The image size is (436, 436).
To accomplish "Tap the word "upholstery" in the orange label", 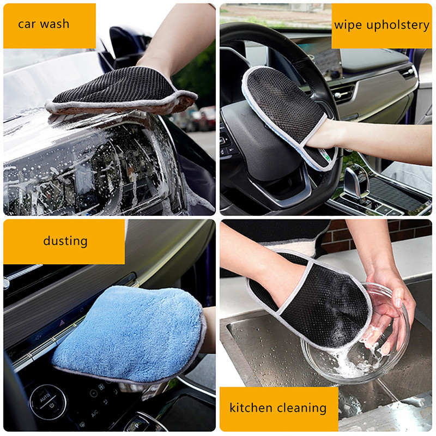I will coord(397,25).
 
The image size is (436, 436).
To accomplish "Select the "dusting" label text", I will coord(65,240).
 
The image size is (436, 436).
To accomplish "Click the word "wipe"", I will coord(347,25).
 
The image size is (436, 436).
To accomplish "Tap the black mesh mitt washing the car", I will coord(120,90).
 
